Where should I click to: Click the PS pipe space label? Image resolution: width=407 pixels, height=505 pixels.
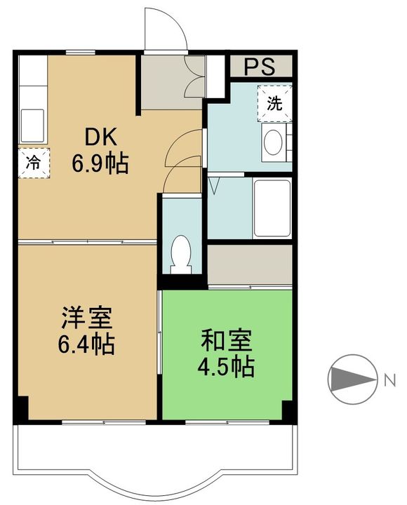[x=260, y=67]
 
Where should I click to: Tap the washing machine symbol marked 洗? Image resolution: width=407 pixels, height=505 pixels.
[x=274, y=103]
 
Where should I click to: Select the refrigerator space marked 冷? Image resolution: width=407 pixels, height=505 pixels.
[x=34, y=163]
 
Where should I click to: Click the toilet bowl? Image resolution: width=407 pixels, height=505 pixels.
[x=181, y=255]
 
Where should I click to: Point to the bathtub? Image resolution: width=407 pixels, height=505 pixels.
[x=272, y=208]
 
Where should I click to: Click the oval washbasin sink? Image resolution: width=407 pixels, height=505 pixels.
[x=273, y=142]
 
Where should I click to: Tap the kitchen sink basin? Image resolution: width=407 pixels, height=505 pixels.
[x=32, y=126]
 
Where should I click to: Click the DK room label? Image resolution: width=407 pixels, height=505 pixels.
[x=100, y=137]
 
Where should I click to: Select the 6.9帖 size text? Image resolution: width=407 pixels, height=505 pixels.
[x=100, y=164]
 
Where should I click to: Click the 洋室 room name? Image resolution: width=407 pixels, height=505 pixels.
[x=87, y=318]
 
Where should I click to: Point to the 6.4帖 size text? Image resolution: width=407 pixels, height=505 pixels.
[x=86, y=344]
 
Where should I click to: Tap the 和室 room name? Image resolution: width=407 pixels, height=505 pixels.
[x=226, y=340]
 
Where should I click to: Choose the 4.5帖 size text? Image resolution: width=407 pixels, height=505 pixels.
[x=226, y=367]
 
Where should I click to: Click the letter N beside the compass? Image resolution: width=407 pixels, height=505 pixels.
[x=390, y=380]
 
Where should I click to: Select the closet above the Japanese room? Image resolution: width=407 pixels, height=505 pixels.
[x=250, y=264]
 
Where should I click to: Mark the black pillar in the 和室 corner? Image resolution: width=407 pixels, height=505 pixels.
[x=288, y=410]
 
